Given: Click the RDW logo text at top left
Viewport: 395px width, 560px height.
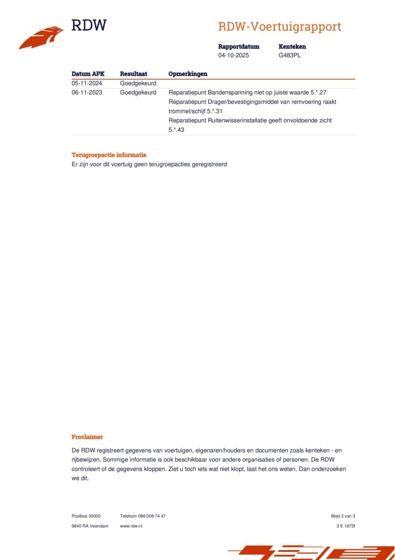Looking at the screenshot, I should (89, 25).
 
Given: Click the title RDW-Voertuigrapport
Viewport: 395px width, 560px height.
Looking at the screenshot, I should (279, 27).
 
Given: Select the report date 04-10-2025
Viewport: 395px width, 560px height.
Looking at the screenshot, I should (234, 56).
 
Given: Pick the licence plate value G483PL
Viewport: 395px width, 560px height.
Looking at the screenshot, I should (290, 56).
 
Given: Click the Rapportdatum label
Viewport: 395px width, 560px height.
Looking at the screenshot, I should (239, 46).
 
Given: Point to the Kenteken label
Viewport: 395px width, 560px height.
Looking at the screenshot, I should (292, 46).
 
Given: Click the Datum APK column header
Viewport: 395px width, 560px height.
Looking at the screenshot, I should (88, 74).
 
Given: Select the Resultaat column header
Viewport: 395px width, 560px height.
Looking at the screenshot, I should (133, 74).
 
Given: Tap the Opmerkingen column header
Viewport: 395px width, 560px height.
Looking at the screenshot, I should (188, 74).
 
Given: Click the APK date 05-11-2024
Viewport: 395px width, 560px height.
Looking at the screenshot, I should (87, 83).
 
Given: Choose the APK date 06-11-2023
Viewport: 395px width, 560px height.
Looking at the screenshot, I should (87, 92).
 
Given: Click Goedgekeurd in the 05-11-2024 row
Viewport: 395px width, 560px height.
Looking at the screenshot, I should (138, 83).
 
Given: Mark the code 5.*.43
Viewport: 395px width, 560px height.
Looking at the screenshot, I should (176, 129).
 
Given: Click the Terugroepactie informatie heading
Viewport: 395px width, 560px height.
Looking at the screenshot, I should (109, 155).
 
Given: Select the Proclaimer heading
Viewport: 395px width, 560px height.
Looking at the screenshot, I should (87, 437).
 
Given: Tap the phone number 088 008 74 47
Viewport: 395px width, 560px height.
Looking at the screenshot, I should (152, 516).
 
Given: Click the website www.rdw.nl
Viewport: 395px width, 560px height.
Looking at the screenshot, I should (131, 526).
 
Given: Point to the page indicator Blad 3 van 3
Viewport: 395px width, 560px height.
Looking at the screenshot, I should (343, 516).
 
